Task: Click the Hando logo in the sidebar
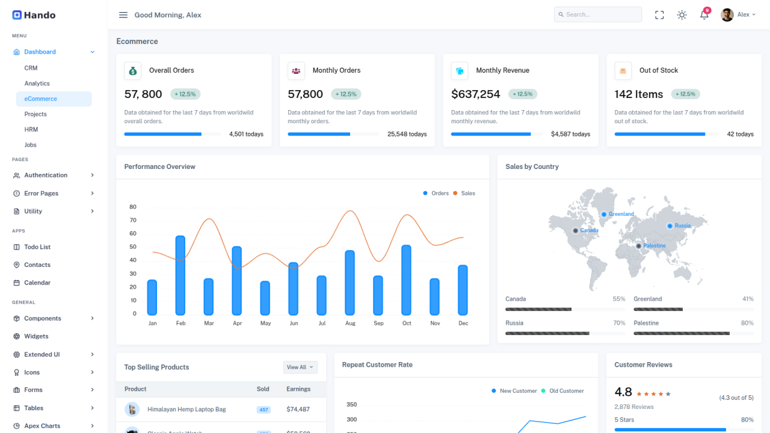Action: pos(34,15)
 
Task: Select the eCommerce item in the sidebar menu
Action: pos(41,99)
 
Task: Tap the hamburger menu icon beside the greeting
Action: pos(123,15)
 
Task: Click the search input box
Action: pos(598,14)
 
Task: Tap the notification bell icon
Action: pos(704,15)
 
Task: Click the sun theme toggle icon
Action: pos(682,15)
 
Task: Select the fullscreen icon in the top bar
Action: pos(659,15)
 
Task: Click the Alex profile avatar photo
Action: pos(727,15)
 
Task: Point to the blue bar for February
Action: pos(180,275)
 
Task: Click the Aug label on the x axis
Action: pos(350,324)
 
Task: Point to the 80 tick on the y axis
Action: pos(133,207)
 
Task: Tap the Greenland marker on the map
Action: pos(604,214)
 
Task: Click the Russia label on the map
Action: pos(682,226)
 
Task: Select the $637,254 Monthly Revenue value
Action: pos(475,94)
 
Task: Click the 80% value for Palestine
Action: pos(747,323)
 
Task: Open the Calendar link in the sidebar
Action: pos(37,283)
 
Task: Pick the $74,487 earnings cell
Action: pos(298,410)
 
